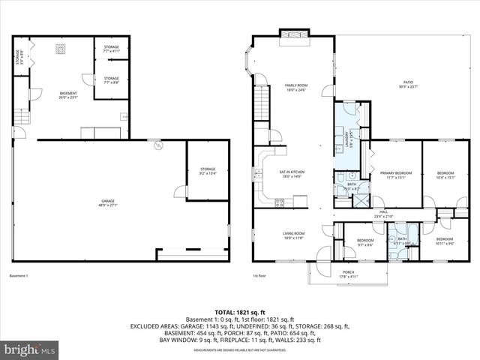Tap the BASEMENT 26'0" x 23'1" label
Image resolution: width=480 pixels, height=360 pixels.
(68, 95)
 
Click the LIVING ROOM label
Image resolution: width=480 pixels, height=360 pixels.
(293, 235)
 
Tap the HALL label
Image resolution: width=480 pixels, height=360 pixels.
(383, 214)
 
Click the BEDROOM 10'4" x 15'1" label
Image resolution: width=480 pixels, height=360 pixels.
(446, 175)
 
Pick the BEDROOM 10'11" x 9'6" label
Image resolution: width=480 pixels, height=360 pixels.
(445, 241)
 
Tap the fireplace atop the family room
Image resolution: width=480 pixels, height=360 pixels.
(292, 34)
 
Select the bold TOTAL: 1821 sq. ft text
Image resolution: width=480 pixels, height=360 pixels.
(240, 311)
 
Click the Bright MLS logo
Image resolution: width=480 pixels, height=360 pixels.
(30, 349)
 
